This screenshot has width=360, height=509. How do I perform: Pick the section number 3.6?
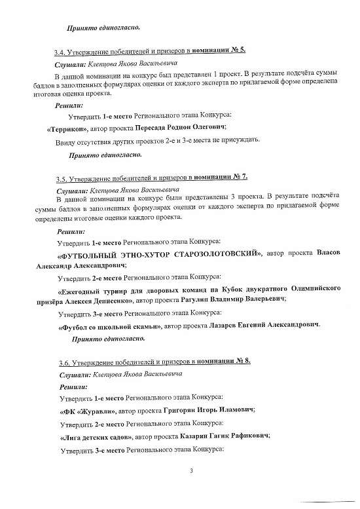[x=63, y=362]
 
